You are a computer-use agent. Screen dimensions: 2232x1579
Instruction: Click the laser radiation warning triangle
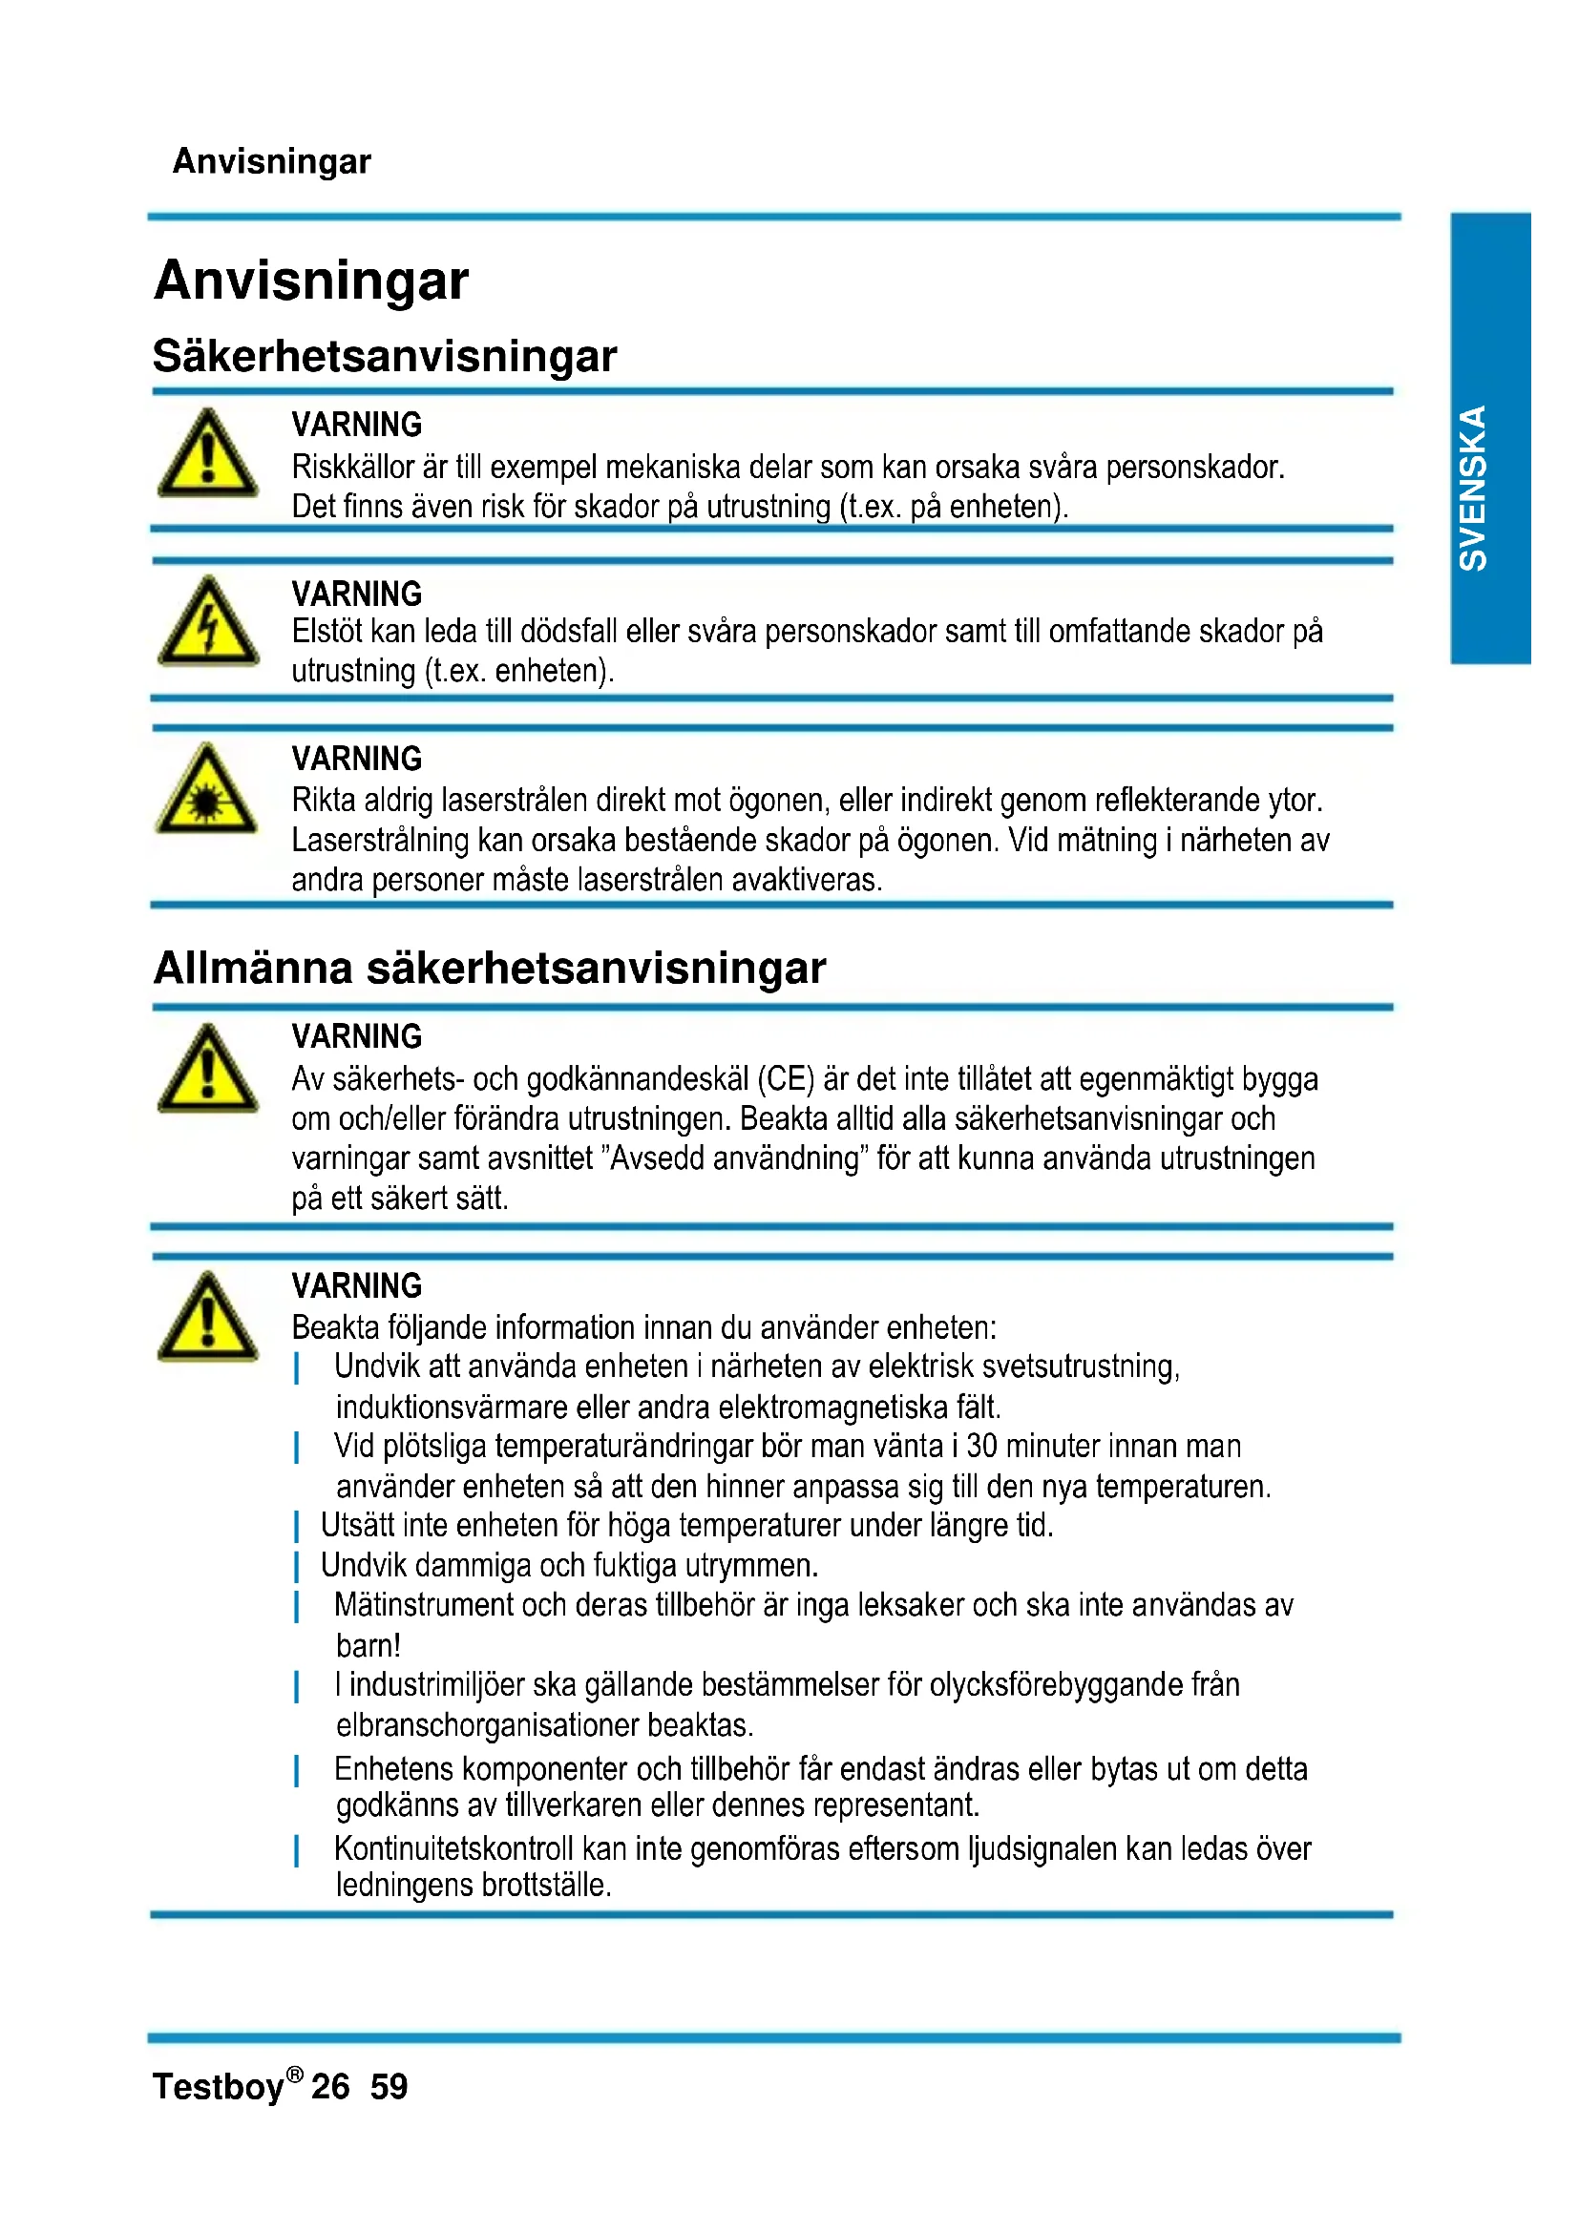click(207, 791)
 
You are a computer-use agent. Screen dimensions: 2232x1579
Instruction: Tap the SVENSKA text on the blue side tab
click(1473, 488)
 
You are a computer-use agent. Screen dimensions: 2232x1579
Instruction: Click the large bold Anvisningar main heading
click(311, 281)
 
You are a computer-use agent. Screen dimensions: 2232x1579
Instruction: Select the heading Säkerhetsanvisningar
click(385, 356)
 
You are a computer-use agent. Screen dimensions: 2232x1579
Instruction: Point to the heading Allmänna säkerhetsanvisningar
click(489, 969)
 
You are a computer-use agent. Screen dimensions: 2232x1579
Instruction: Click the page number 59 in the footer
click(389, 2086)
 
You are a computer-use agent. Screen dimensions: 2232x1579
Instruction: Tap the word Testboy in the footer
click(218, 2087)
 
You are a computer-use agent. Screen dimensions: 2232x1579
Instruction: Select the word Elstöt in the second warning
click(326, 632)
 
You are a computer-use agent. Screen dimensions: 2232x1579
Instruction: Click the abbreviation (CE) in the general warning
click(786, 1079)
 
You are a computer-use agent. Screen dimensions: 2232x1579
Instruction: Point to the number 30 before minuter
click(981, 1447)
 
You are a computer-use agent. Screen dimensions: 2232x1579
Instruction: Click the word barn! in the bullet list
click(368, 1646)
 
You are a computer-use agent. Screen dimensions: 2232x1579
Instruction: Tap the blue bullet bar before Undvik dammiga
click(297, 1567)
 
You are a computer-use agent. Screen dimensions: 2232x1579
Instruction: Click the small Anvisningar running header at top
click(271, 161)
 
